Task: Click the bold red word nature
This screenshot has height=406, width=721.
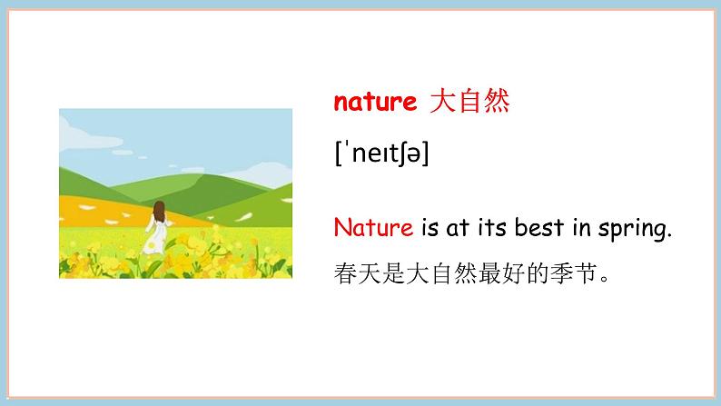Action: pos(374,103)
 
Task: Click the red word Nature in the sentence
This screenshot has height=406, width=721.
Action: pos(373,227)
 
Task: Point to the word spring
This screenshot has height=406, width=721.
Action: pos(637,229)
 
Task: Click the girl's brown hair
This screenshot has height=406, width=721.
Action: pos(159,212)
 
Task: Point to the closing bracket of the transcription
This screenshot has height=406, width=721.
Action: pos(425,155)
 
